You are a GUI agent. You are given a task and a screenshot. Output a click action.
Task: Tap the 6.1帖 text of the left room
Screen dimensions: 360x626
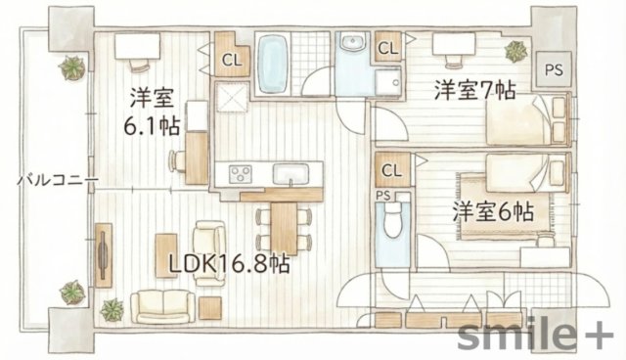tap(151, 125)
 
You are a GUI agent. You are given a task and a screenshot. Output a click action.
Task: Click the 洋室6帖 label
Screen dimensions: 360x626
tap(492, 210)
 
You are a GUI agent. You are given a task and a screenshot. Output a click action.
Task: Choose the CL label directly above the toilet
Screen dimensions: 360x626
tap(391, 170)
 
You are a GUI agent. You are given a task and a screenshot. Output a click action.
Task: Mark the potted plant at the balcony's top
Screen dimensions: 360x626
tap(71, 67)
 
